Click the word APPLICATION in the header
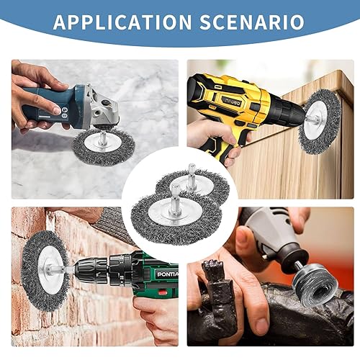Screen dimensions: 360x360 point(122,22)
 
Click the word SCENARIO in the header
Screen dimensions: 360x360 point(252,22)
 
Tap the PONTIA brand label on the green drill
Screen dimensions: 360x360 point(168,274)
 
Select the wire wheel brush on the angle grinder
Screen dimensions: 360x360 point(104,147)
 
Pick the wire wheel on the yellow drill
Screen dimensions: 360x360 point(320,121)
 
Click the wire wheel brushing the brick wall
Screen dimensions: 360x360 point(45,271)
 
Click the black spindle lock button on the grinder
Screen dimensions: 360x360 point(105,104)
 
